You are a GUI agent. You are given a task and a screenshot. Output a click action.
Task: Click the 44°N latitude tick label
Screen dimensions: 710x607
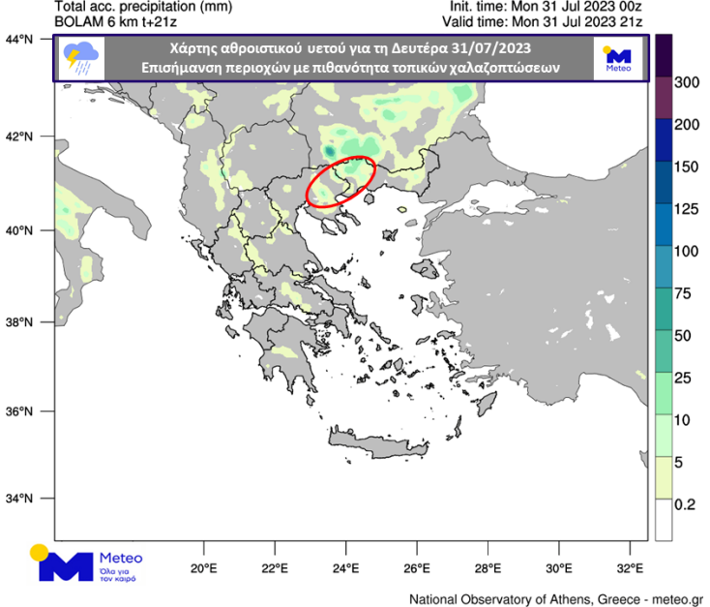[x=20, y=41]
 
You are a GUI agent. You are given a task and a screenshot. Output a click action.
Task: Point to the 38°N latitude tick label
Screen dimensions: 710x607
[x=20, y=322]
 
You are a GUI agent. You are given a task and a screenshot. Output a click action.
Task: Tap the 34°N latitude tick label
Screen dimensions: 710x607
[x=20, y=500]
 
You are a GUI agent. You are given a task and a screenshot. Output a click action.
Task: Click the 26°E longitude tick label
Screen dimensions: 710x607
[x=417, y=567]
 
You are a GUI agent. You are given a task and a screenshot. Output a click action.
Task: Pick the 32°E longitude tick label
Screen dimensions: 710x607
[x=631, y=567]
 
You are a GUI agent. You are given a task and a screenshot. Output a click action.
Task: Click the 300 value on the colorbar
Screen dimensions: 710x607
[x=686, y=82]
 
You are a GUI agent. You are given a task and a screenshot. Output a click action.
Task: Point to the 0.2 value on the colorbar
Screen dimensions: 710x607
[x=686, y=504]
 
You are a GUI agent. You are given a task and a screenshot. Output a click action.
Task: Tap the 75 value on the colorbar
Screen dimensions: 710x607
[x=686, y=293]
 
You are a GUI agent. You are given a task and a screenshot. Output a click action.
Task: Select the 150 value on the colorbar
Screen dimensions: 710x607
[x=686, y=167]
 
